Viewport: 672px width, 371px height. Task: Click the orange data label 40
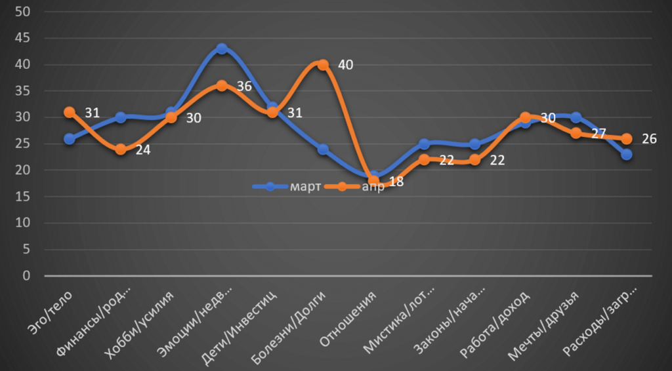pos(345,65)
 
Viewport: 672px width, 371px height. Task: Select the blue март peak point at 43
pos(222,49)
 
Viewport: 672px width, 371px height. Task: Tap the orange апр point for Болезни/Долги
pos(323,65)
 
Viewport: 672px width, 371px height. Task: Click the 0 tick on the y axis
pos(27,275)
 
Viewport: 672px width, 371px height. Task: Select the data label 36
pos(244,86)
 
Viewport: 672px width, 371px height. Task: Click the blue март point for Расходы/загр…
pos(627,155)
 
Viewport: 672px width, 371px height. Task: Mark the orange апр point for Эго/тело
pos(69,112)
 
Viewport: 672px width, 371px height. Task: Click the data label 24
pos(143,149)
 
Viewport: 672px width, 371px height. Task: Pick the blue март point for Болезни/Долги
pos(323,149)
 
